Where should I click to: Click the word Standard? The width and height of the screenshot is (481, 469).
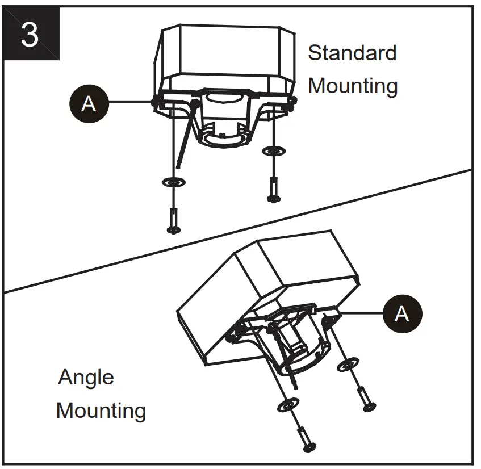[x=352, y=53]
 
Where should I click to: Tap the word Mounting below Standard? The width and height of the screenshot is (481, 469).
[x=352, y=86]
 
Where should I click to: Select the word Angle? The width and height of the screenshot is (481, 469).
[x=86, y=377]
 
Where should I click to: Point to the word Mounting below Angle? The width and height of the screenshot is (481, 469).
[x=101, y=410]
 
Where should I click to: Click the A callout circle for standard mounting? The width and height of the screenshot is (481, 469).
[x=88, y=103]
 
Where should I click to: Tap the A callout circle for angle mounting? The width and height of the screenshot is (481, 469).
[x=401, y=313]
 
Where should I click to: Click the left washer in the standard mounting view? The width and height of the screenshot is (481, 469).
[x=173, y=182]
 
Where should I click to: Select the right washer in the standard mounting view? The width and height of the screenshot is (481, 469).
[x=274, y=151]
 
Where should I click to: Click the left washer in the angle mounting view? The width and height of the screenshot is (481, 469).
[x=288, y=406]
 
